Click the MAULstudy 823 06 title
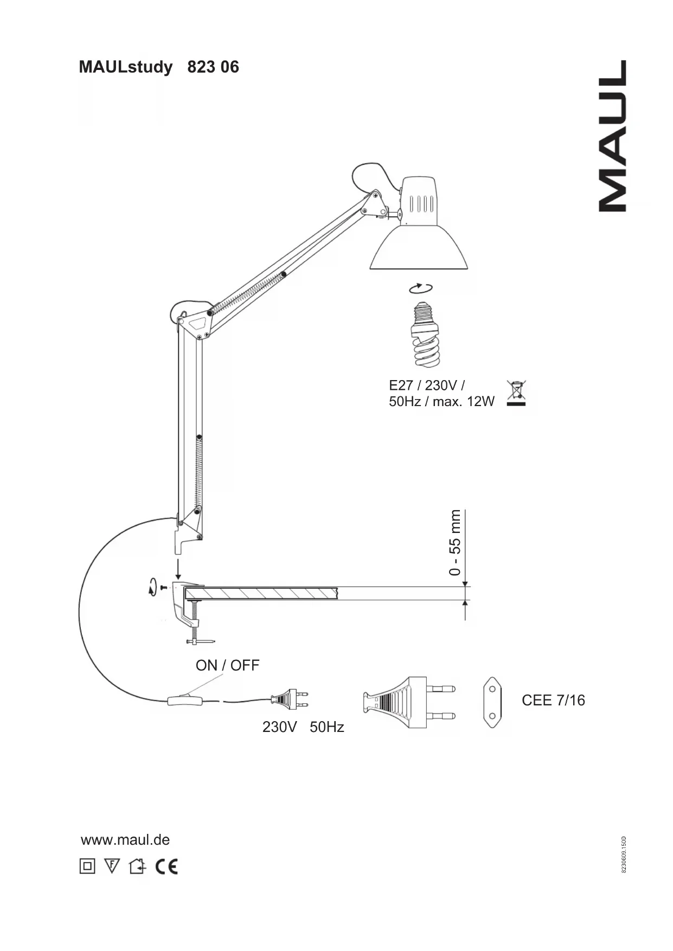tap(159, 67)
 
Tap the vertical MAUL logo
tap(613, 136)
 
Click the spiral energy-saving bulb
tap(426, 335)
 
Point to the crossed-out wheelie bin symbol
tap(517, 394)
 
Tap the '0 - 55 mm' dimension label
tap(455, 542)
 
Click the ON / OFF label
tap(227, 665)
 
